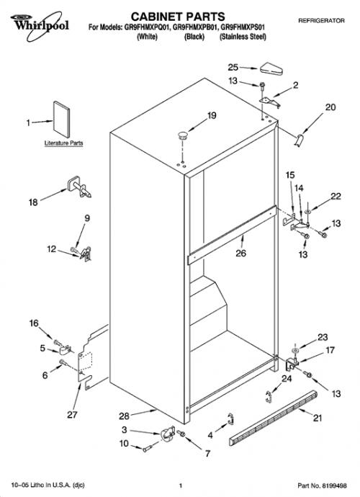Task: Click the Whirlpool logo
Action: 40,25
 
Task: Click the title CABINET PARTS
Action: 178,17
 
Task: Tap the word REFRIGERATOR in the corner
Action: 321,21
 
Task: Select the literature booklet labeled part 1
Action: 61,119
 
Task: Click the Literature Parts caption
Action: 63,143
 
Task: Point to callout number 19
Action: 212,116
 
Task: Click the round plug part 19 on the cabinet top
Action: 182,135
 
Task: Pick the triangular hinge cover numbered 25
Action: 271,68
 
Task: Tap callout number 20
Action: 330,107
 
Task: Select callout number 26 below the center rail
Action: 241,253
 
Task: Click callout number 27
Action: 72,414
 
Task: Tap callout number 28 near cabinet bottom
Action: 124,416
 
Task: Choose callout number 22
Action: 336,197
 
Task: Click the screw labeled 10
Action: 148,449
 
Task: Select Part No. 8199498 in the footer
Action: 322,485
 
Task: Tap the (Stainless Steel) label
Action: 243,37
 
